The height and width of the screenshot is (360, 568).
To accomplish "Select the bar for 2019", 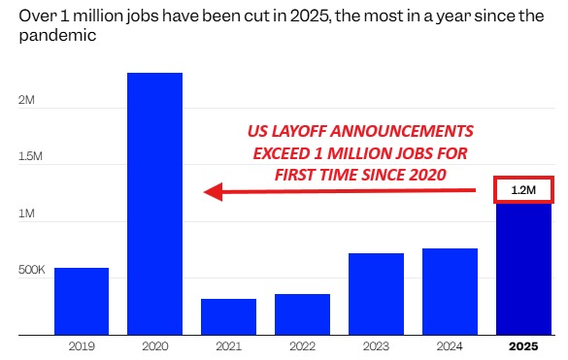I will (x=82, y=301).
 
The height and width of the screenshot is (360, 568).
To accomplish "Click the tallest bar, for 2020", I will (x=154, y=204).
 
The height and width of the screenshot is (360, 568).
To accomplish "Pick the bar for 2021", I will (x=228, y=316).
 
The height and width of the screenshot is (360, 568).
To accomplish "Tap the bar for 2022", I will (x=302, y=314).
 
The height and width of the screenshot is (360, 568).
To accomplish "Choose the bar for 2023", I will (x=376, y=294).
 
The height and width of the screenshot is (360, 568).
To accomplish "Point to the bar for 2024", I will (x=450, y=291).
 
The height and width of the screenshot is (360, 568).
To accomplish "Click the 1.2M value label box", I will (x=523, y=191).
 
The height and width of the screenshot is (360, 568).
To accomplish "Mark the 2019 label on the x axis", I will (x=82, y=346).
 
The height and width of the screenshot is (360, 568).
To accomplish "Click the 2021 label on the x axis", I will (x=228, y=346).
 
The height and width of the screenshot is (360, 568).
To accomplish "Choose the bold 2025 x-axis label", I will (x=523, y=346).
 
